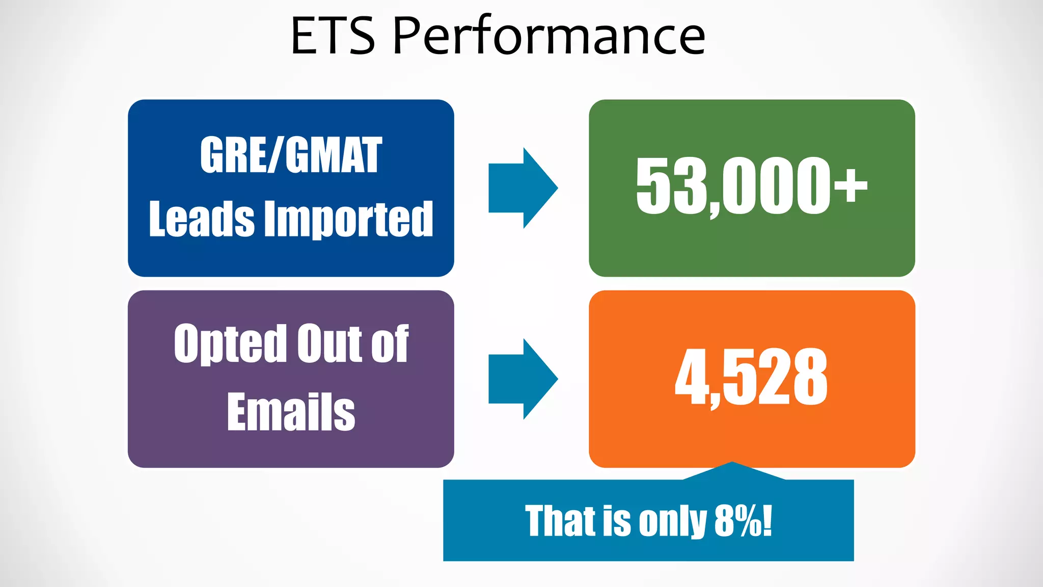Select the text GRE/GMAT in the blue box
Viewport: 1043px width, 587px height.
click(x=291, y=155)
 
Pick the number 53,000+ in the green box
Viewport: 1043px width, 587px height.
click(x=751, y=186)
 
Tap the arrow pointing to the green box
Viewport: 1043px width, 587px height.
click(x=523, y=188)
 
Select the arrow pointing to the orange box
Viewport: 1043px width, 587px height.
click(x=523, y=379)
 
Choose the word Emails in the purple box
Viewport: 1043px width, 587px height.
click(x=291, y=412)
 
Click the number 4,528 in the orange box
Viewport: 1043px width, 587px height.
click(x=751, y=378)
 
